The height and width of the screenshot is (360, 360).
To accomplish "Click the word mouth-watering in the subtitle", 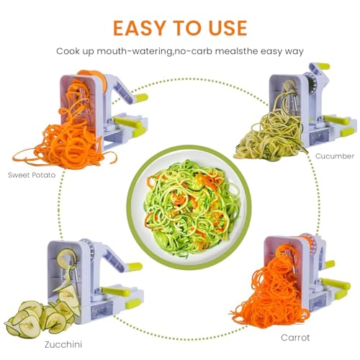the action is click(135, 52).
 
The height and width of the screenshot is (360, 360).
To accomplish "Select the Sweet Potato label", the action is click(32, 175).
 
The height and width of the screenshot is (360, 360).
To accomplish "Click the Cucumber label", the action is click(335, 156).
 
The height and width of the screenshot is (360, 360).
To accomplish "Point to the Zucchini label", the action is click(63, 344).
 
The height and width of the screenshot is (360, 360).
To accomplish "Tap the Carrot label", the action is click(295, 338).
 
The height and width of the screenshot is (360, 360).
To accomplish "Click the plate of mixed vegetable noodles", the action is click(189, 207).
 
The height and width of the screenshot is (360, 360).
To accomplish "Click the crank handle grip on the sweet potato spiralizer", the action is click(141, 98).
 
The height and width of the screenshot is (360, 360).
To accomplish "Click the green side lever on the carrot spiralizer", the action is click(336, 284).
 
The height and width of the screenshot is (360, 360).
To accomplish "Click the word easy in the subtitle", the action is click(271, 52).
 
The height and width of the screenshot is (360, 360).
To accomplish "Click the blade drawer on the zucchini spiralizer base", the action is click(102, 309).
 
